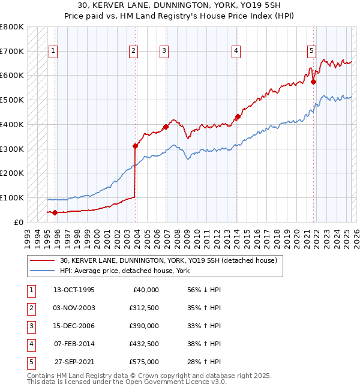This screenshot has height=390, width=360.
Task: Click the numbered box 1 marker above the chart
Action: pos(53,52)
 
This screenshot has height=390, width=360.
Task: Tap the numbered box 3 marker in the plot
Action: pos(164,52)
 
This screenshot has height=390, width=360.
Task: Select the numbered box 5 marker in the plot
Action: pos(311,52)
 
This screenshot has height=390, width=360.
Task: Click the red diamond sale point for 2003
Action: pos(136,145)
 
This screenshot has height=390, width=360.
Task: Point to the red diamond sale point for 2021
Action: pos(313,82)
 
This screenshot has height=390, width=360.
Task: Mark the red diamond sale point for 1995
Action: pos(55,212)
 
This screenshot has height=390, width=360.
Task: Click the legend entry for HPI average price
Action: pos(125,271)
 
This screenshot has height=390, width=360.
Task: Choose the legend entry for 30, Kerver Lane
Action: pos(168,261)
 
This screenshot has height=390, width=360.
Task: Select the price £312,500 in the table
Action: pos(143,308)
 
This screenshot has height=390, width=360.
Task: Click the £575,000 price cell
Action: pos(143,362)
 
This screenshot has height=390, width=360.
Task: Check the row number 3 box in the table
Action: pos(30,326)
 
